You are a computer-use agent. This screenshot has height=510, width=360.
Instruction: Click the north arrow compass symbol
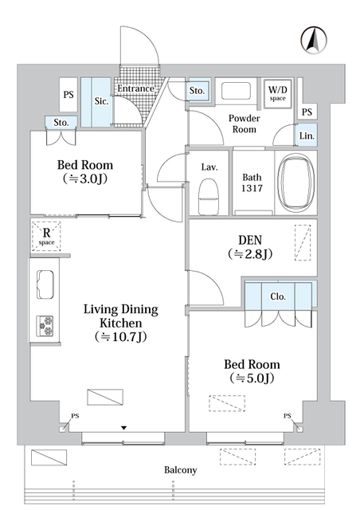313,40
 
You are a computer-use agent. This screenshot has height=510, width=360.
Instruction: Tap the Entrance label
135,88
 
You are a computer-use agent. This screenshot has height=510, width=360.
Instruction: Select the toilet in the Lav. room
209,197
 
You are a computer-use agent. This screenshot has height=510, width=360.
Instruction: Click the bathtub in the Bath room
296,182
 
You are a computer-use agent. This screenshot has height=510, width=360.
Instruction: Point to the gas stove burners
45,326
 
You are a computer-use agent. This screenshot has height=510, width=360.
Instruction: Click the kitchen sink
45,284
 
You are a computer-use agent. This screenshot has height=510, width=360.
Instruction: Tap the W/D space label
277,92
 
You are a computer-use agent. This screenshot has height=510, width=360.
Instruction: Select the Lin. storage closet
306,135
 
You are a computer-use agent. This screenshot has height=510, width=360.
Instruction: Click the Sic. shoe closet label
101,101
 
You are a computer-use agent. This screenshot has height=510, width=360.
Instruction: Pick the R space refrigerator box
46,236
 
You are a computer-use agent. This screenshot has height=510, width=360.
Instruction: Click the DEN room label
250,240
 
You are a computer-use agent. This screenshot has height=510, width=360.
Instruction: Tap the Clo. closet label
278,296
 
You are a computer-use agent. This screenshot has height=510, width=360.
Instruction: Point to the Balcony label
181,470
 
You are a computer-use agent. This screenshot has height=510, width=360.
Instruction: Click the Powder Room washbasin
236,91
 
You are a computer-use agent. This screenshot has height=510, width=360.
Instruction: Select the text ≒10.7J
120,337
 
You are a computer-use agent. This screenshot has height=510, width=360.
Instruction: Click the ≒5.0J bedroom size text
252,379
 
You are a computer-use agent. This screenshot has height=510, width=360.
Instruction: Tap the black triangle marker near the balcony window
123,429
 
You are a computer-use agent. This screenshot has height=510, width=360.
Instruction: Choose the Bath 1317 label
252,182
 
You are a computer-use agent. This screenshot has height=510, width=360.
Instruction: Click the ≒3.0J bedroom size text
85,178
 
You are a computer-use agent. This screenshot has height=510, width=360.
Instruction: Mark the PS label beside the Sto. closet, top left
68,95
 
